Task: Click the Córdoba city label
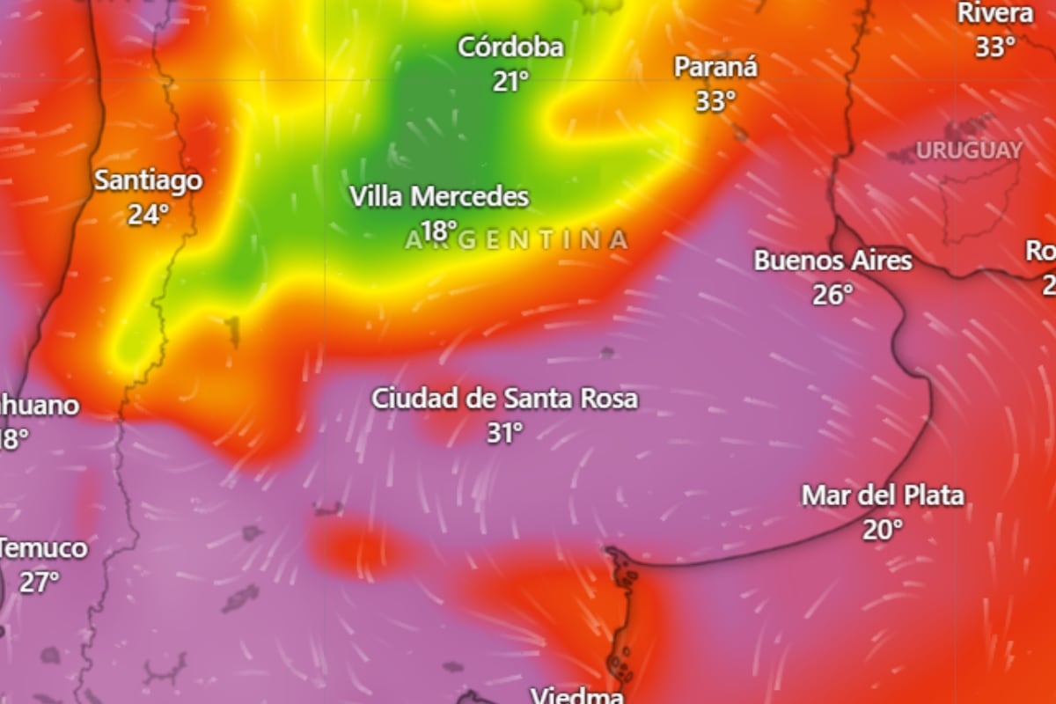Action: click(x=510, y=47)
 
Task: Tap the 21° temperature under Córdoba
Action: click(x=510, y=82)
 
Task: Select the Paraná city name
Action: click(x=715, y=67)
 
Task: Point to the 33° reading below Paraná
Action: click(x=715, y=101)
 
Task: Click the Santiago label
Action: click(x=148, y=180)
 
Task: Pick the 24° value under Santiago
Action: click(x=148, y=214)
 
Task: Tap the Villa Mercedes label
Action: click(x=439, y=196)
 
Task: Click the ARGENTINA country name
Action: click(x=517, y=239)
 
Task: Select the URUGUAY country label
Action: click(x=969, y=150)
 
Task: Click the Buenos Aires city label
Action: click(x=832, y=260)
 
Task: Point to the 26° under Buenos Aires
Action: click(x=832, y=295)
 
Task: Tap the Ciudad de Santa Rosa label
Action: click(x=504, y=399)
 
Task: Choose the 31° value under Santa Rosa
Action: click(x=505, y=432)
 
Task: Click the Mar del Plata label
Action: click(x=882, y=495)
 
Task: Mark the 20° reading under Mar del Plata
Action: click(x=882, y=530)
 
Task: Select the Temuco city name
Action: click(x=44, y=548)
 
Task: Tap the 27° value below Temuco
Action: click(x=39, y=582)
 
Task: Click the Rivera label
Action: click(x=995, y=13)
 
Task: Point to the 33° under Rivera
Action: click(x=995, y=47)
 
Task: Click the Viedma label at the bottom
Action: click(x=577, y=695)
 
